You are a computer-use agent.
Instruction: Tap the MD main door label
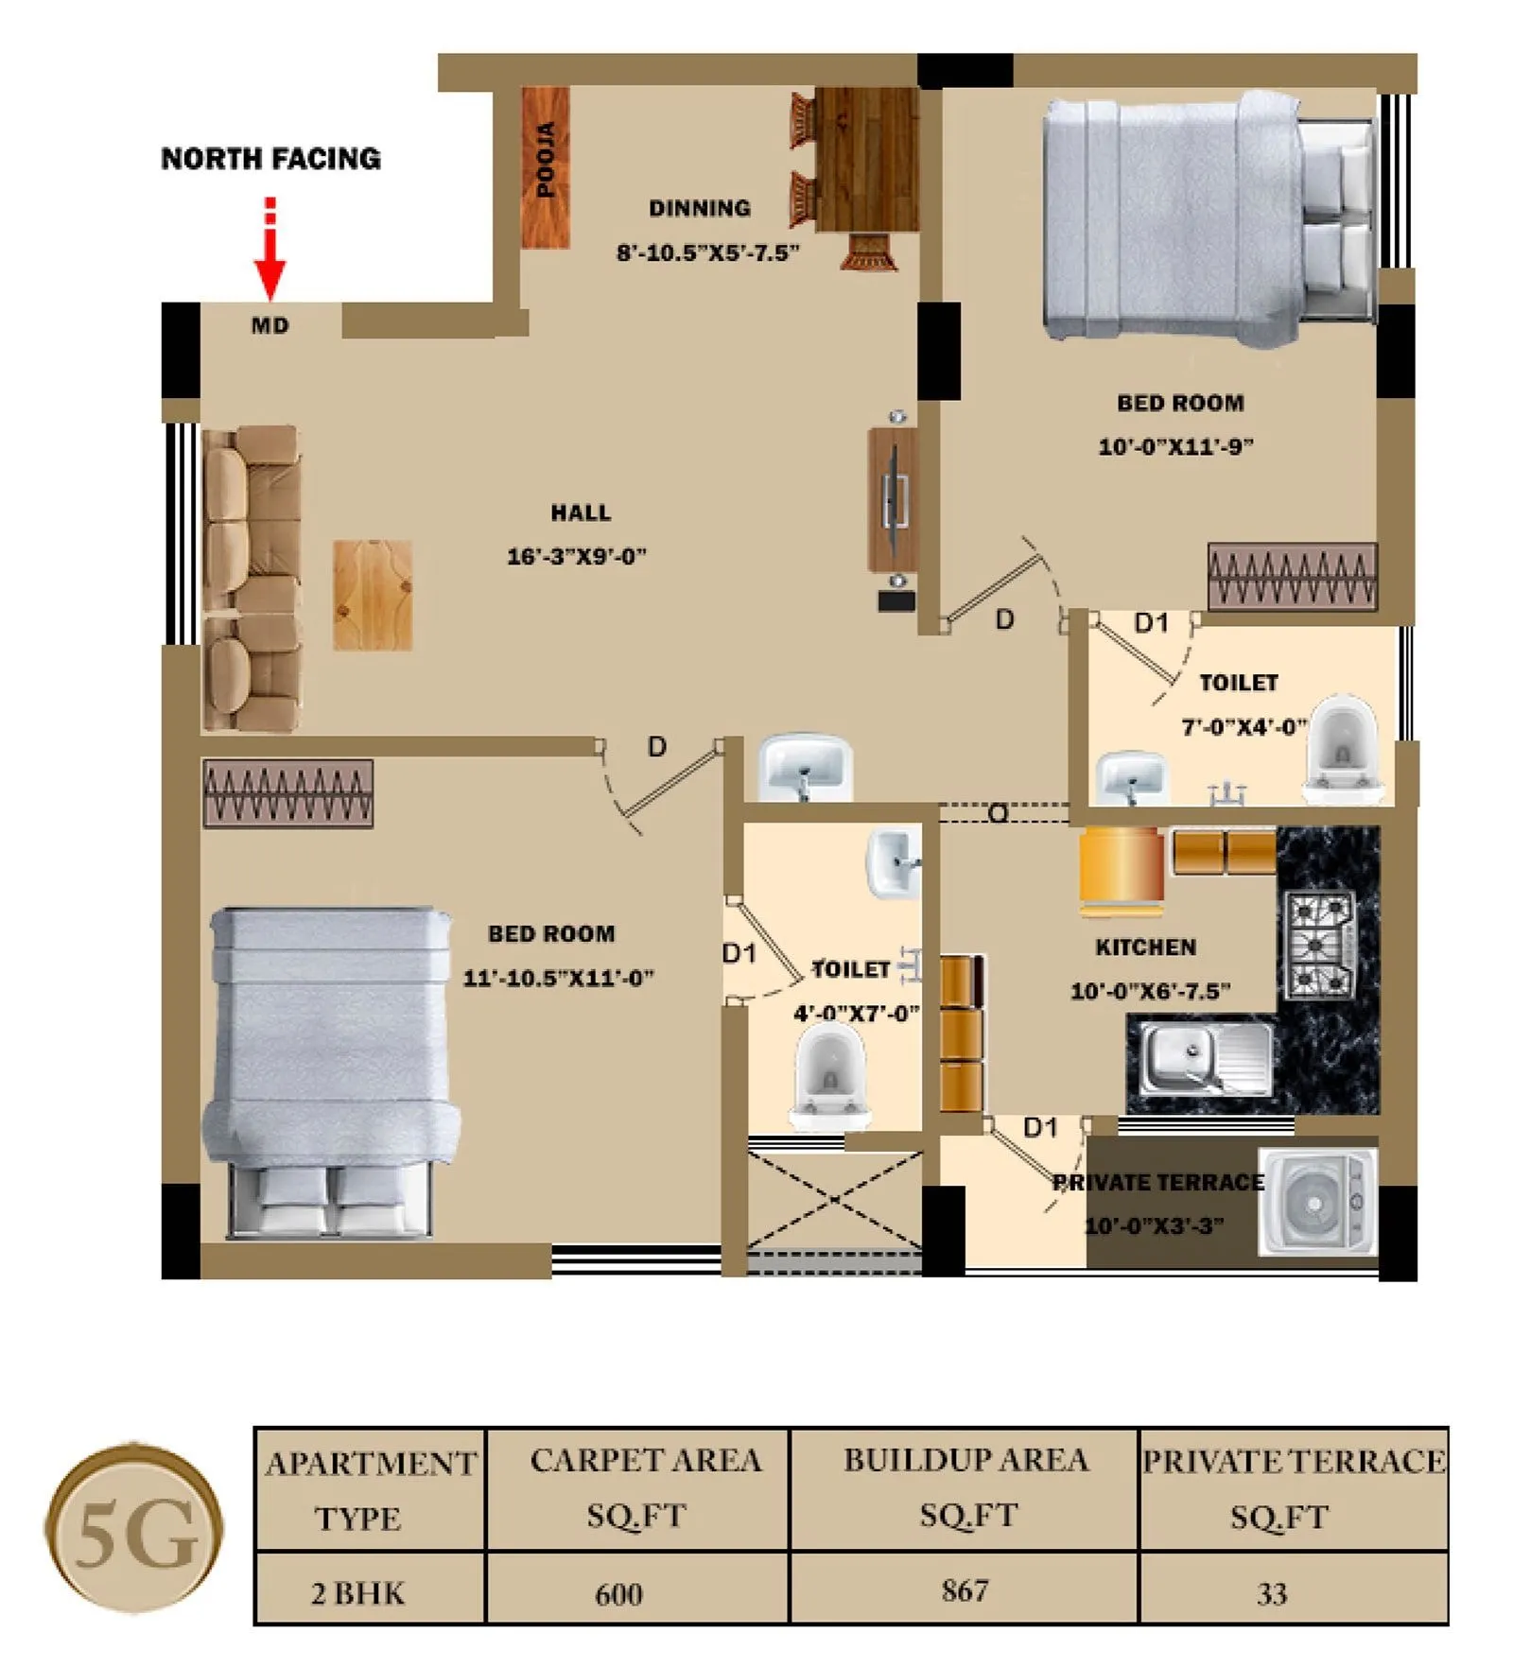point(270,326)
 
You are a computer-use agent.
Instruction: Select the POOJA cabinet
point(546,167)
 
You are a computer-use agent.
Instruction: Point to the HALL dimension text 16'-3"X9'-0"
point(576,556)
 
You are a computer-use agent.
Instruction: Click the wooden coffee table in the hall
point(373,596)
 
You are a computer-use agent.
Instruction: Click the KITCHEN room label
point(1145,947)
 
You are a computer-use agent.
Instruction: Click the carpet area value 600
point(618,1595)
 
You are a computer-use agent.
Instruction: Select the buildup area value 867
point(965,1590)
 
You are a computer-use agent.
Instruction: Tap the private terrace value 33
point(1272,1594)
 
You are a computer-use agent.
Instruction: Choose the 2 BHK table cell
point(357,1594)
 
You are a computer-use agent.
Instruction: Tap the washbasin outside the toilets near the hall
point(806,768)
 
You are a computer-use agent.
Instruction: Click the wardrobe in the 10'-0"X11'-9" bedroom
point(1292,576)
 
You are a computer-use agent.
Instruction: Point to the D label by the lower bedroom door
point(656,748)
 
